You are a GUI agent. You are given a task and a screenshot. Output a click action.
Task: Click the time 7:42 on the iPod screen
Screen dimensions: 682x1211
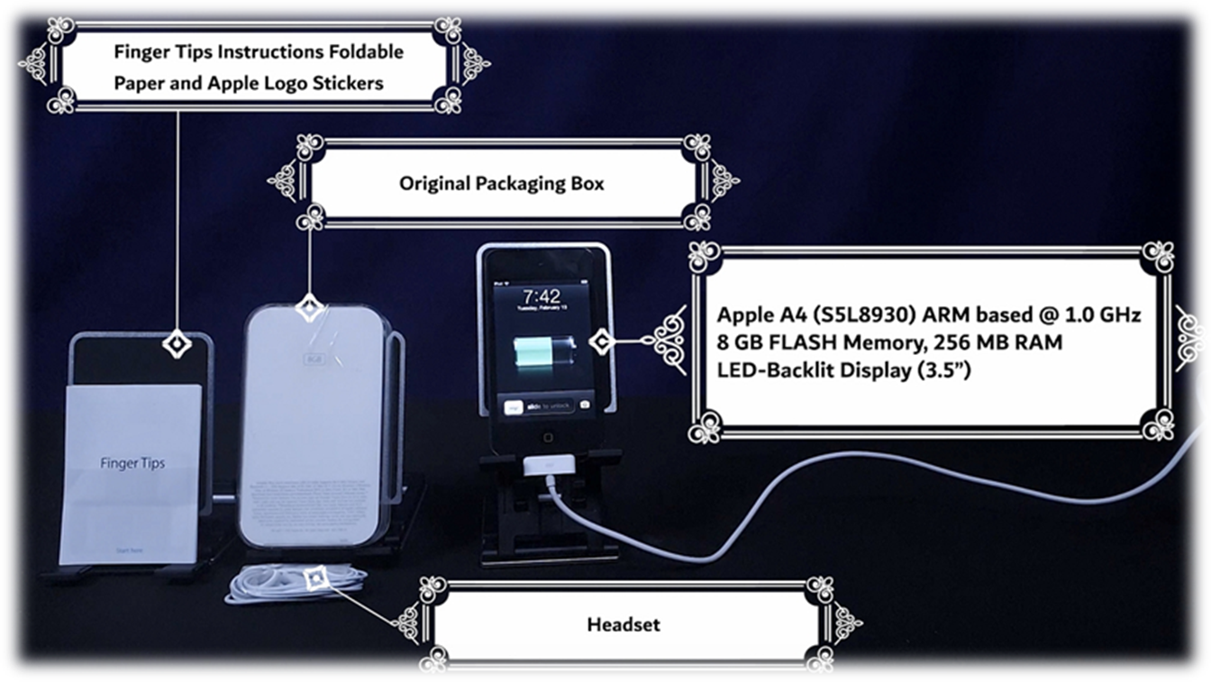click(542, 296)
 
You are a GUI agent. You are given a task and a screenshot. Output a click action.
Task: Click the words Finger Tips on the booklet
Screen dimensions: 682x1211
click(132, 463)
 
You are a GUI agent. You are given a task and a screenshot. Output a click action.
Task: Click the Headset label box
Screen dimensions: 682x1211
click(623, 624)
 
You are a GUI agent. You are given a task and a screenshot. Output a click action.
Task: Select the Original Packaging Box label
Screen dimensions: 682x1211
click(502, 184)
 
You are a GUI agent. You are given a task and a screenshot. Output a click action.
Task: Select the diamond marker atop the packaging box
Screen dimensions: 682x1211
click(309, 308)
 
